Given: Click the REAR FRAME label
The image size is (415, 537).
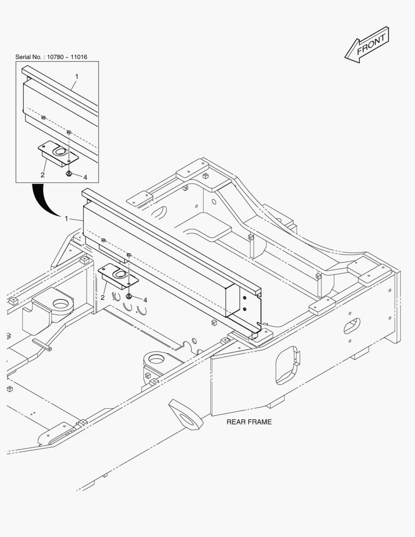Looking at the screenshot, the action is click(x=249, y=422).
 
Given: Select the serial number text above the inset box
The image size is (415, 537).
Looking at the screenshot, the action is click(x=51, y=57).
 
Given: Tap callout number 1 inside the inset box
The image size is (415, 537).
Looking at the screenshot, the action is click(x=77, y=77).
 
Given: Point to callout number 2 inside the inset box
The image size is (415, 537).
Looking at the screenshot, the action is click(x=42, y=175).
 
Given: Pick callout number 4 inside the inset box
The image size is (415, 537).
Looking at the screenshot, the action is click(x=85, y=177).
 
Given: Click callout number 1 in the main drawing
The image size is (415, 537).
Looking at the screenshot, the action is click(x=67, y=218).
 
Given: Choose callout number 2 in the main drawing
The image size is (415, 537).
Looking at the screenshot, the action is click(x=102, y=298).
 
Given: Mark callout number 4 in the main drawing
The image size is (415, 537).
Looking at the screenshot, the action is click(x=145, y=300).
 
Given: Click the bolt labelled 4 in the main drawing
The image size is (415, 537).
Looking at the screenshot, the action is click(x=129, y=296).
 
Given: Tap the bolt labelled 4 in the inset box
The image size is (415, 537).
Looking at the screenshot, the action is click(x=69, y=174).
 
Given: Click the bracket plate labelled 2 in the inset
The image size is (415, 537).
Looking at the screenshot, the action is click(x=58, y=154).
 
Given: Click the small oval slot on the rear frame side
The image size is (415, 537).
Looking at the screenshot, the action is click(x=352, y=326).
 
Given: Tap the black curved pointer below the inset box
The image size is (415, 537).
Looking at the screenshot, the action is click(x=44, y=200).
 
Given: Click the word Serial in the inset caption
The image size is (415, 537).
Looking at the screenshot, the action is click(x=23, y=57).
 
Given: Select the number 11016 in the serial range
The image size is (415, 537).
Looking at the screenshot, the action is click(x=79, y=57).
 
